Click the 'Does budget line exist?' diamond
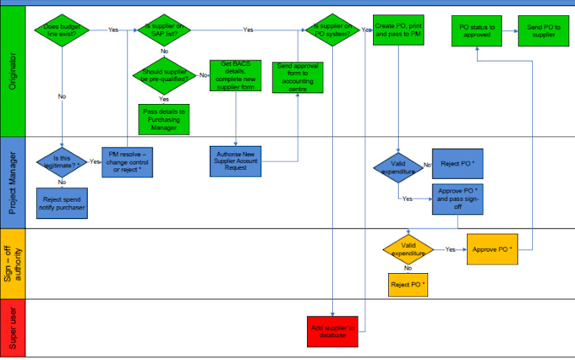(62, 30)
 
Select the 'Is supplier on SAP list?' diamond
(164, 30)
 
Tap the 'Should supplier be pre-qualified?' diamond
(164, 76)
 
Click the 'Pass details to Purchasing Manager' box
(164, 117)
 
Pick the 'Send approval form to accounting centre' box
(298, 77)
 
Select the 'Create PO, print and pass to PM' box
(398, 30)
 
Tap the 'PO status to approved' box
(477, 32)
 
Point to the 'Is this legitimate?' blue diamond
(62, 161)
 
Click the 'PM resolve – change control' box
(128, 161)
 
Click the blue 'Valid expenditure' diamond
(398, 166)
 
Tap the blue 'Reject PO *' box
(457, 164)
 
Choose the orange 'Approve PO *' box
(491, 249)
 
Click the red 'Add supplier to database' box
(334, 330)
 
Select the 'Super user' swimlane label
(13, 329)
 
